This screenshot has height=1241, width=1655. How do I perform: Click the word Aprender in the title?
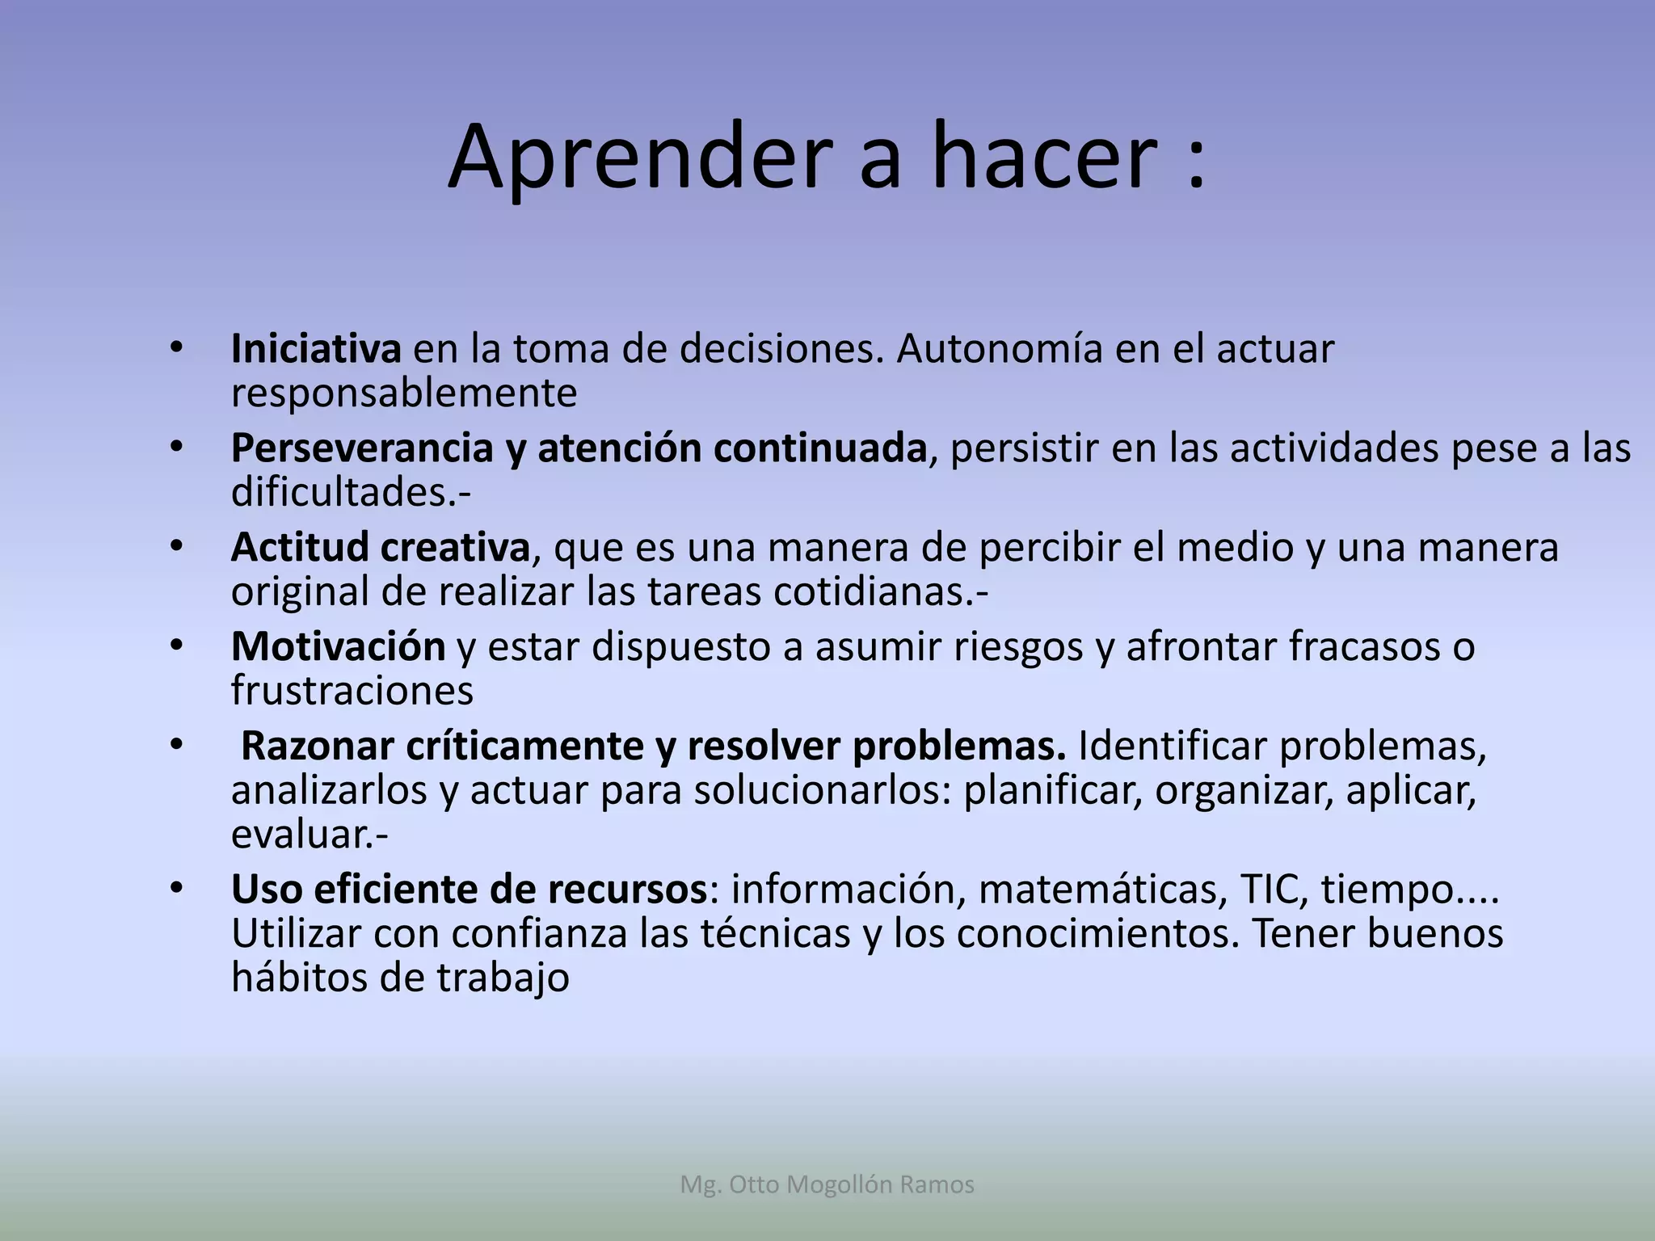point(638,158)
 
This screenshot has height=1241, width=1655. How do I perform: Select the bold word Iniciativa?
point(316,349)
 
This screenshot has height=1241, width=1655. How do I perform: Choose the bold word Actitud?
point(298,548)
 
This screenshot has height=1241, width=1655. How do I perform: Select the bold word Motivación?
point(338,646)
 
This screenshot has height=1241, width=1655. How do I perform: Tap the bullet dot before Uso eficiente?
point(177,888)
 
